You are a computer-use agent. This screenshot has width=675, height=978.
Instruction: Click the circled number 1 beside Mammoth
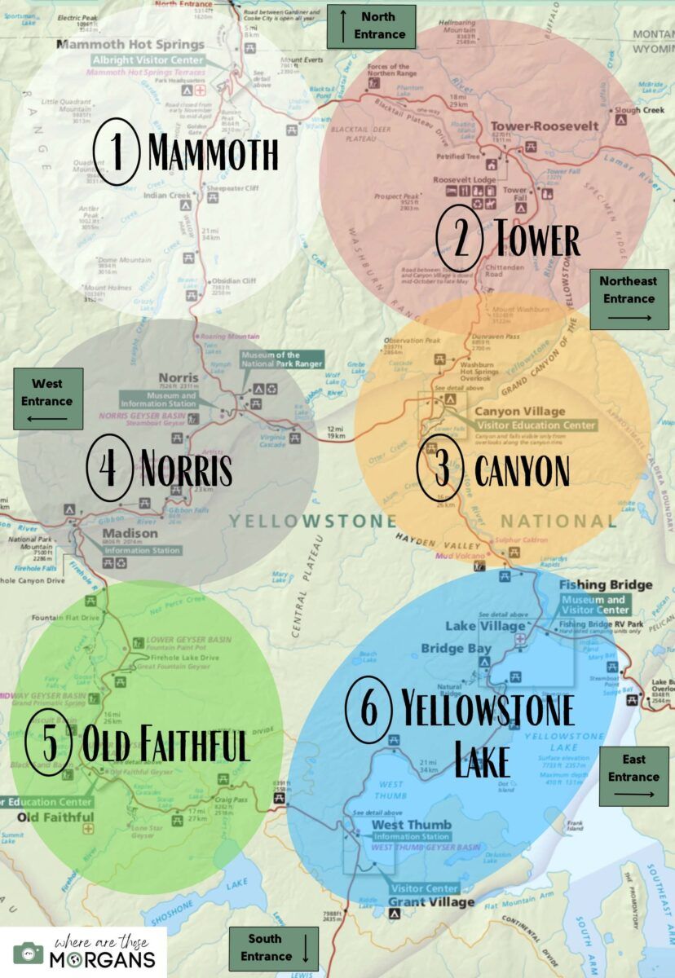click(x=119, y=152)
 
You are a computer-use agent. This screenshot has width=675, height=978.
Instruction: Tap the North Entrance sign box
click(x=372, y=25)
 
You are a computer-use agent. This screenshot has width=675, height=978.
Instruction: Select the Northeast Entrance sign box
click(x=628, y=299)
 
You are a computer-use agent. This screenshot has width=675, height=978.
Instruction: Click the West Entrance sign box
click(x=47, y=399)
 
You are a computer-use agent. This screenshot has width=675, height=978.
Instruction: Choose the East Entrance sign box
click(x=633, y=776)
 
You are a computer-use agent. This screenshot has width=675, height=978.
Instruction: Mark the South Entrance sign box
click(x=272, y=947)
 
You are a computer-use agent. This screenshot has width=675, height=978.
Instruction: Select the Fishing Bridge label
click(x=606, y=585)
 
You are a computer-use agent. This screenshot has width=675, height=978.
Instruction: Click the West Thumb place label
click(x=400, y=825)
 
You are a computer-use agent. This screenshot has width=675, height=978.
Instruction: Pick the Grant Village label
click(x=430, y=902)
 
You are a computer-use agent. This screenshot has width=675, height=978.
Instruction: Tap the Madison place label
click(x=130, y=534)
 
